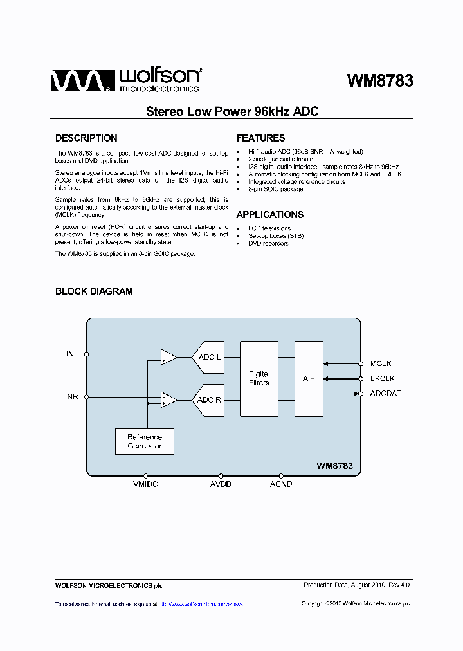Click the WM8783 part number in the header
[x=379, y=81]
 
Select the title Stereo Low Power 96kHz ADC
[x=232, y=111]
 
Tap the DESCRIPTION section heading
[x=86, y=138]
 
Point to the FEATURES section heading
[x=260, y=138]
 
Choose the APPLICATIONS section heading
[x=269, y=215]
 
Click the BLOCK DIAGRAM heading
[x=94, y=291]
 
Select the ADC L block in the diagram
[x=208, y=357]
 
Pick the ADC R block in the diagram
[x=208, y=399]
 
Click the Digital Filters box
[x=259, y=378]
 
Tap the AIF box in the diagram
[x=309, y=378]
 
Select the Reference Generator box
[x=145, y=441]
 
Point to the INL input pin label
[x=71, y=354]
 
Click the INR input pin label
[x=71, y=397]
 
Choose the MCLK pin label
[x=381, y=363]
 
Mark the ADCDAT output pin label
[x=386, y=394]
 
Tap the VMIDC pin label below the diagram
[x=145, y=484]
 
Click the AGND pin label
[x=281, y=484]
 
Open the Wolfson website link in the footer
[x=201, y=604]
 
